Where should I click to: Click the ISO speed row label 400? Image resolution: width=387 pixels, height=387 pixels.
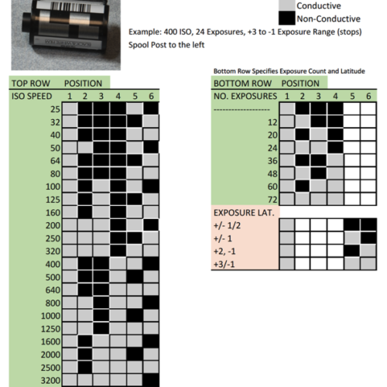tap(53, 264)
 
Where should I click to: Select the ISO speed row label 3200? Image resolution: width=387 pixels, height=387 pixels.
tap(50, 380)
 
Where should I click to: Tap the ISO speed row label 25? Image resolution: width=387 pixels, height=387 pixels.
tap(55, 109)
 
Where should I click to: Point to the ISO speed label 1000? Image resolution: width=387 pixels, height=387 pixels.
tap(50, 316)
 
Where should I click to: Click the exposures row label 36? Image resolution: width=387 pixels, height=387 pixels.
tap(272, 161)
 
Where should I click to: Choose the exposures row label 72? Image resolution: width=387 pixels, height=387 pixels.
tap(272, 200)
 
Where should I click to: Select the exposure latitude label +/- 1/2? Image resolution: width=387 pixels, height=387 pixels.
tap(227, 225)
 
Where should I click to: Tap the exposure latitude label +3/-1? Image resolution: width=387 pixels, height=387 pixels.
tap(224, 264)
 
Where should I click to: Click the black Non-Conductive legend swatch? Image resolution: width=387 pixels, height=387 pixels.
tap(286, 18)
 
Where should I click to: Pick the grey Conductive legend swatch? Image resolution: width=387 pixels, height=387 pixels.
tap(286, 5)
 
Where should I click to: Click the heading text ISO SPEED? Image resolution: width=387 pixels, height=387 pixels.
tap(32, 96)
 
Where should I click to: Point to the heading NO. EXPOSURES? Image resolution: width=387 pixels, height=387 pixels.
tap(245, 96)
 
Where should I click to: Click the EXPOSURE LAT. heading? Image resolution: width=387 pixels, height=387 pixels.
tap(244, 213)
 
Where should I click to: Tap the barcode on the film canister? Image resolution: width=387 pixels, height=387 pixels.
tap(70, 7)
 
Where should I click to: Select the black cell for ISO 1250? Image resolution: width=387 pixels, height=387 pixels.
tap(101, 328)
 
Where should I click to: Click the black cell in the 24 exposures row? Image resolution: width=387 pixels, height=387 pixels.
tap(335, 148)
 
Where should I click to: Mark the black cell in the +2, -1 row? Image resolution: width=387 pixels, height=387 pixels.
tap(352, 251)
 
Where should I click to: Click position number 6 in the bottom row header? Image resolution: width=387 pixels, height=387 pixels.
tap(368, 96)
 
